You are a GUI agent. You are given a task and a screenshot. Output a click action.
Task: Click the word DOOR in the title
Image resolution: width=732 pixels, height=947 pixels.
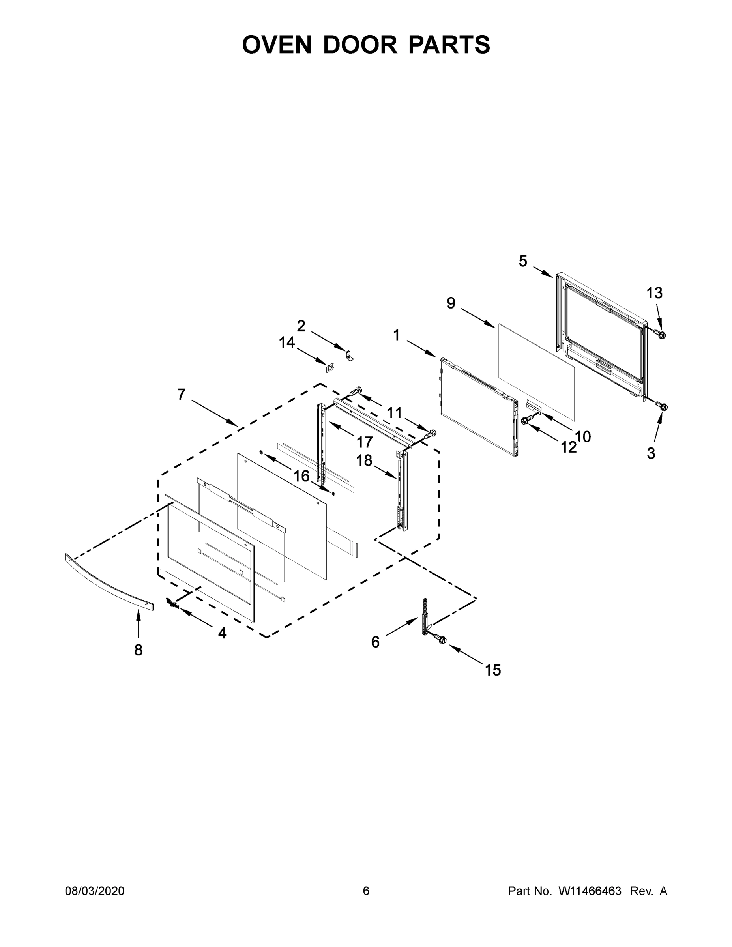pyautogui.click(x=360, y=45)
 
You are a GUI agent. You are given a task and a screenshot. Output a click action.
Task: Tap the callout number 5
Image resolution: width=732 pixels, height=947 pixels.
pyautogui.click(x=523, y=261)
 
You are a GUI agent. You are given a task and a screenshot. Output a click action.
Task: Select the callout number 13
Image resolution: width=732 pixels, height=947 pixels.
pyautogui.click(x=654, y=293)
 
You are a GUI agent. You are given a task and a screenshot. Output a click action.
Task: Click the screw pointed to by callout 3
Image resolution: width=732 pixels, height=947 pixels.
pyautogui.click(x=662, y=406)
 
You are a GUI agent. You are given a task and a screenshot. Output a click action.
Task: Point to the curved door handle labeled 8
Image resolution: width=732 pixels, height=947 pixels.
pyautogui.click(x=109, y=583)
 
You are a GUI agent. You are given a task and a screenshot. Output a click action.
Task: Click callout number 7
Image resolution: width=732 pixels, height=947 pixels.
pyautogui.click(x=181, y=394)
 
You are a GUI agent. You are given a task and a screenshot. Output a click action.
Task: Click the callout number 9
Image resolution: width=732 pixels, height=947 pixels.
pyautogui.click(x=451, y=303)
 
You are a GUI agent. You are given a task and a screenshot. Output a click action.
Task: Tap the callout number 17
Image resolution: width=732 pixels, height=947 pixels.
pyautogui.click(x=364, y=442)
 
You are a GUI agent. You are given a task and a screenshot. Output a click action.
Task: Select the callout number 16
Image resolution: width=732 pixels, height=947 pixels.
pyautogui.click(x=301, y=476)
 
